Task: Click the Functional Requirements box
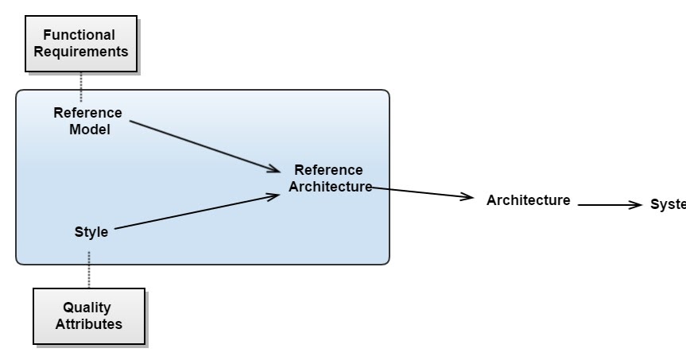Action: pyautogui.click(x=79, y=44)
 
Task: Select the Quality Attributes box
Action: pyautogui.click(x=88, y=315)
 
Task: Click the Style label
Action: pyautogui.click(x=91, y=232)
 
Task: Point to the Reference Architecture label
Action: pyautogui.click(x=329, y=179)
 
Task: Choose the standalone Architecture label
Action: pyautogui.click(x=528, y=200)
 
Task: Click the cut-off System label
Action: pyautogui.click(x=668, y=204)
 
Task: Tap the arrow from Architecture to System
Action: pyautogui.click(x=608, y=205)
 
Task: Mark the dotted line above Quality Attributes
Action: pyautogui.click(x=89, y=269)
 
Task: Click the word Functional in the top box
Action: pyautogui.click(x=79, y=35)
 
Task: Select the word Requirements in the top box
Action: pyautogui.click(x=79, y=52)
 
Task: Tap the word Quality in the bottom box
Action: pyautogui.click(x=87, y=308)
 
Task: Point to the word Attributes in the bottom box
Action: pyautogui.click(x=88, y=324)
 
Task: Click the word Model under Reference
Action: pyautogui.click(x=89, y=130)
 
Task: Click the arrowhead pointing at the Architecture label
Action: pyautogui.click(x=467, y=197)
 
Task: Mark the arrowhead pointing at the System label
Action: pyautogui.click(x=634, y=205)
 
